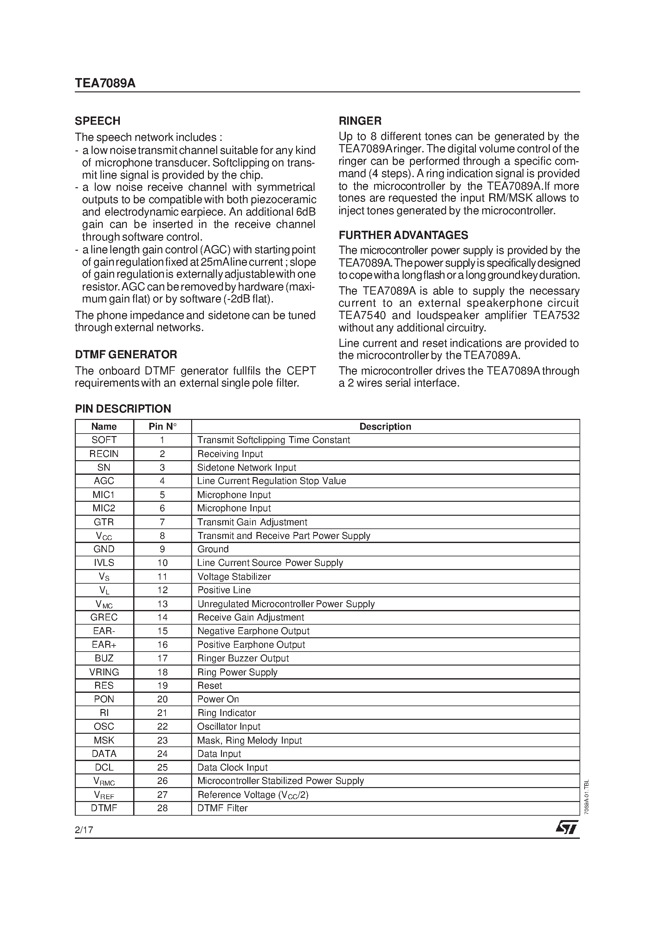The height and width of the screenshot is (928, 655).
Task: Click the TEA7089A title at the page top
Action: (x=105, y=83)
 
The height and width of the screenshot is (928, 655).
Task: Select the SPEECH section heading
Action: (x=98, y=121)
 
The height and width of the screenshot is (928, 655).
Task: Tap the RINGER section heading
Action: (x=360, y=121)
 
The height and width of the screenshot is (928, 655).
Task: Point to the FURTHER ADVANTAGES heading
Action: (x=403, y=235)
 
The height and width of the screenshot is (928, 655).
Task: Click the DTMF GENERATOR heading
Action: (x=126, y=355)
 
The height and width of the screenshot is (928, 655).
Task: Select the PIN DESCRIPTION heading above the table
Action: (x=123, y=409)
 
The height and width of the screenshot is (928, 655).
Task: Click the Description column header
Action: (x=385, y=427)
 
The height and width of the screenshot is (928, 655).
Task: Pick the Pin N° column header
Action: (x=162, y=427)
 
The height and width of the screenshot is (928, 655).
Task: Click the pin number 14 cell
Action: (x=162, y=617)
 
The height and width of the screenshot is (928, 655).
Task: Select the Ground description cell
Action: (x=213, y=549)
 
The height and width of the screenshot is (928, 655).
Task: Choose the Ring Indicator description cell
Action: (x=226, y=713)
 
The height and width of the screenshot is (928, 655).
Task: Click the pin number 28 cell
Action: (x=162, y=808)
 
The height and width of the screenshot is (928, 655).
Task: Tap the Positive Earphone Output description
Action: (x=251, y=645)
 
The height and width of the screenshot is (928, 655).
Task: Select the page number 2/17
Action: (x=84, y=830)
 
